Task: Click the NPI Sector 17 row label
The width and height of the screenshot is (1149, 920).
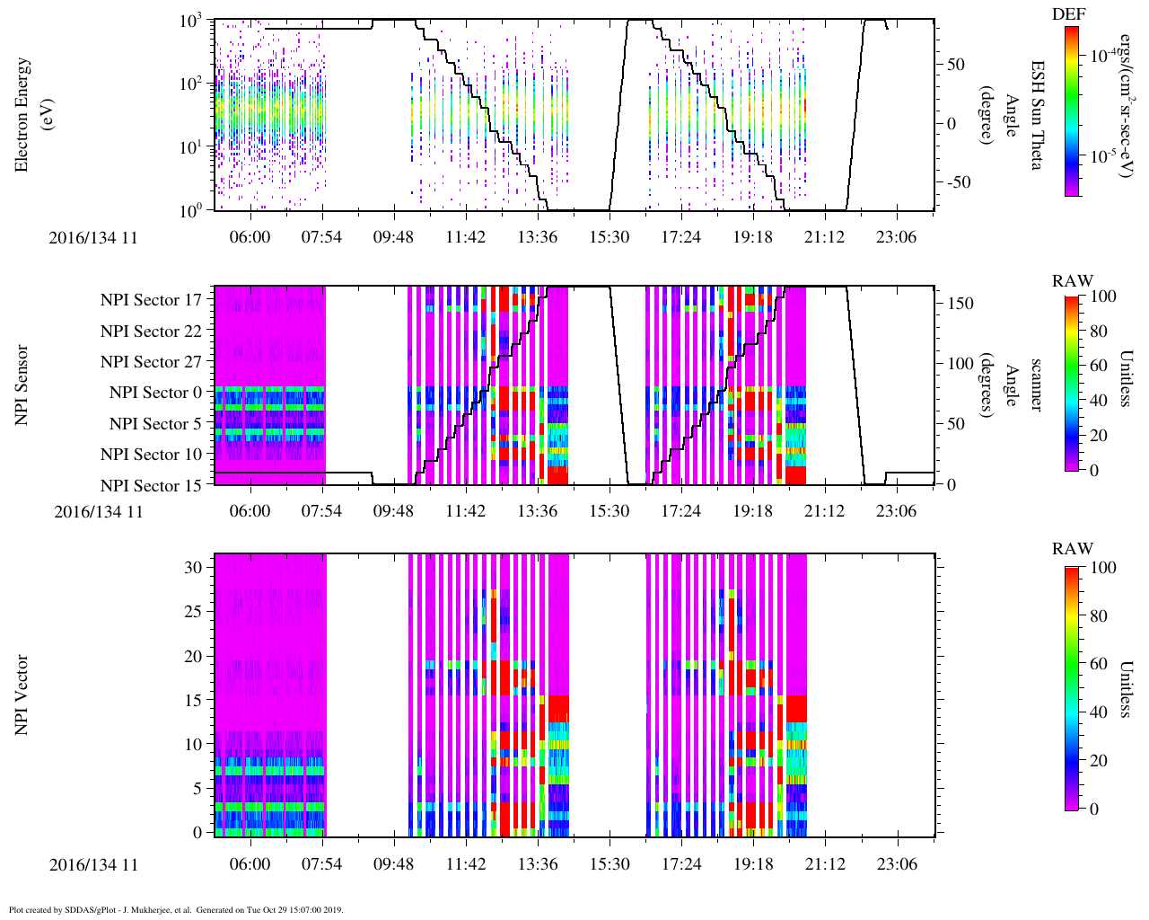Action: tap(152, 300)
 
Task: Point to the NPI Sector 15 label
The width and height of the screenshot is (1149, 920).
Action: tap(152, 486)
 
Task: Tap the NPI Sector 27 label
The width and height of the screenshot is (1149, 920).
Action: tap(152, 362)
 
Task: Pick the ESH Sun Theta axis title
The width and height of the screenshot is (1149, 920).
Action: tap(1036, 115)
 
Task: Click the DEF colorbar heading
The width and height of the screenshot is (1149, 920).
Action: tap(1069, 13)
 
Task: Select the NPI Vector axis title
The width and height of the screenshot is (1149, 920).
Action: tap(22, 695)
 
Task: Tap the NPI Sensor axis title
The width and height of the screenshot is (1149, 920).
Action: tap(22, 385)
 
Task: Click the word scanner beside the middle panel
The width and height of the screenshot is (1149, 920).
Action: tap(1036, 385)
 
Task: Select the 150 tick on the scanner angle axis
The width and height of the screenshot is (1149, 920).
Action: tap(960, 304)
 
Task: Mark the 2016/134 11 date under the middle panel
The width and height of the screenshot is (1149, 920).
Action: tap(98, 512)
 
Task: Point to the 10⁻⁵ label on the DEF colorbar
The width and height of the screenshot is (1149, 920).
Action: tap(1102, 155)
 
